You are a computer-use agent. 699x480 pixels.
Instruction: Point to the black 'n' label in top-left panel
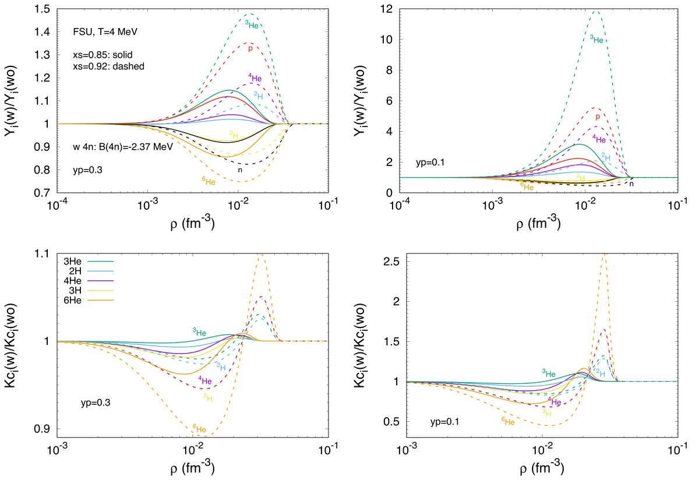point(239,170)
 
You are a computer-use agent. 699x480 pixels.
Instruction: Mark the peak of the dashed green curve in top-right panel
point(595,11)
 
